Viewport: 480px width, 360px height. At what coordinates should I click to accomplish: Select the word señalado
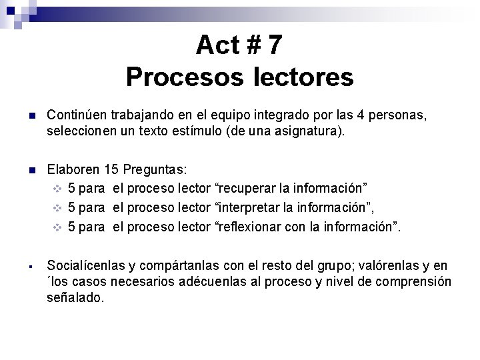75,297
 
